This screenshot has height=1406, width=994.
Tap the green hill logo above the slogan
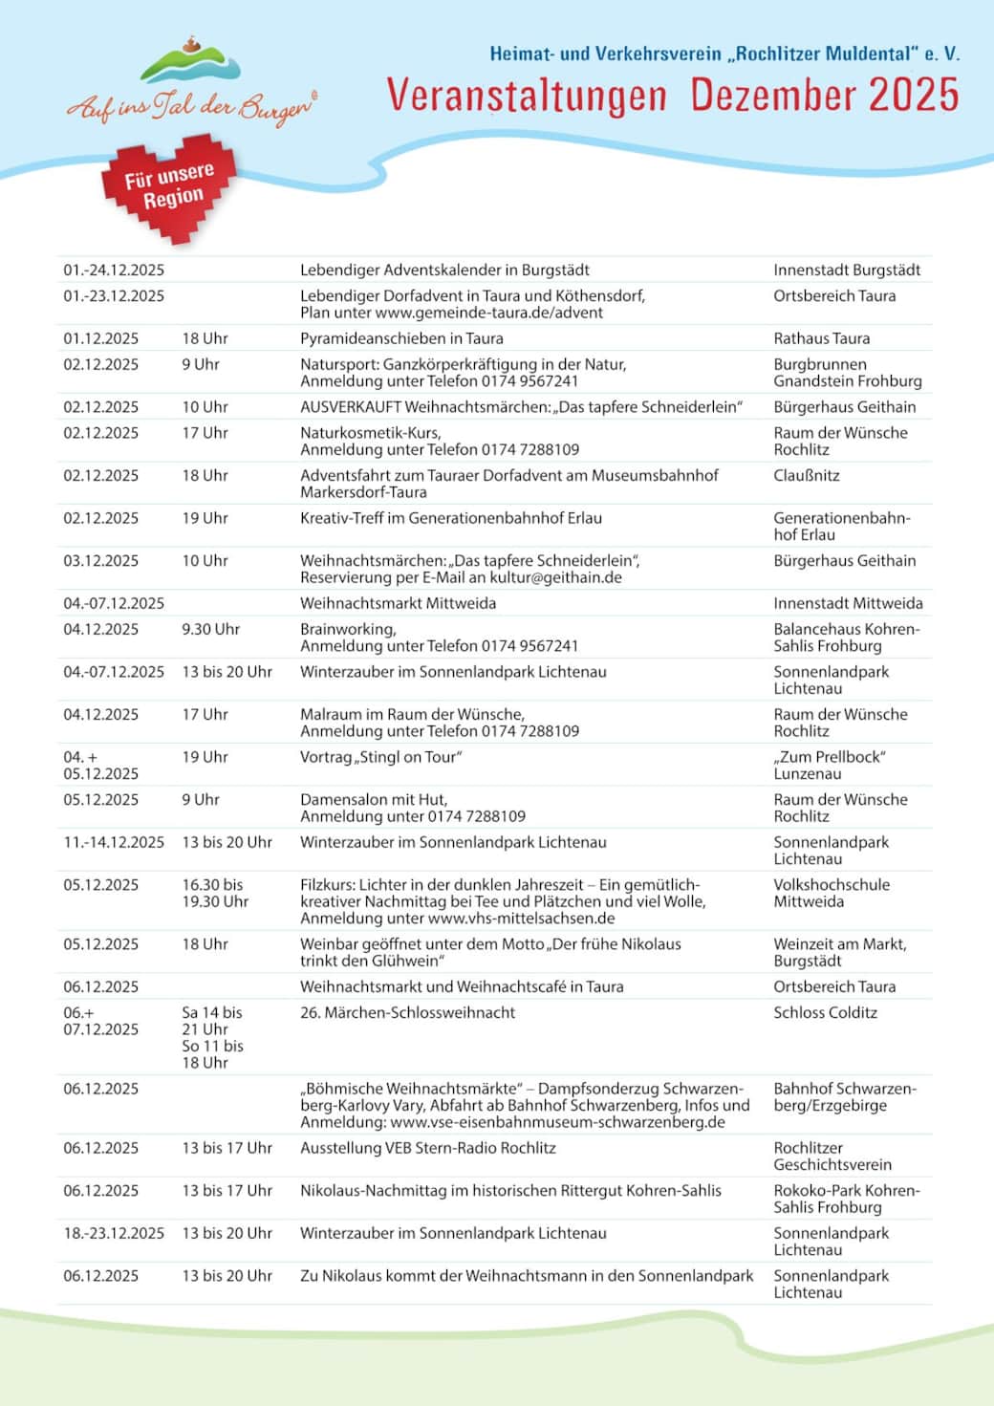tap(190, 63)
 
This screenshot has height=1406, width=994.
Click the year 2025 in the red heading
tap(913, 96)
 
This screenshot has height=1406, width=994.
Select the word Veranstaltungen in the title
tap(527, 96)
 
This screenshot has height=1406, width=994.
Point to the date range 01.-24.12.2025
tap(114, 270)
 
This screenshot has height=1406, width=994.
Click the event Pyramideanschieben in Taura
tap(401, 338)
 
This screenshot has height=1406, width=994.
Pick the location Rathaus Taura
tap(821, 338)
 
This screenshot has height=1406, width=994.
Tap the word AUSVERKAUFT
tap(350, 407)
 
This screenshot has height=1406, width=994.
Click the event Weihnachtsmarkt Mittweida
tap(398, 603)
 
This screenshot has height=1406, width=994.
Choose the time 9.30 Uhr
tap(211, 629)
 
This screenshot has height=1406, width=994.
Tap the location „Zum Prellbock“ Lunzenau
tap(828, 765)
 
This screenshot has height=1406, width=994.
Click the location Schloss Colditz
tap(825, 1012)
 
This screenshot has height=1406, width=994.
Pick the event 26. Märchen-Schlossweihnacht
tap(407, 1012)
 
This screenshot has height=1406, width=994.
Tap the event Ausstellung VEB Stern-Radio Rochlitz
tap(427, 1148)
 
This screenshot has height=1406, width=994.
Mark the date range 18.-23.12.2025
tap(114, 1233)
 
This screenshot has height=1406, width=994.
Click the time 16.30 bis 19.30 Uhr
tap(215, 893)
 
